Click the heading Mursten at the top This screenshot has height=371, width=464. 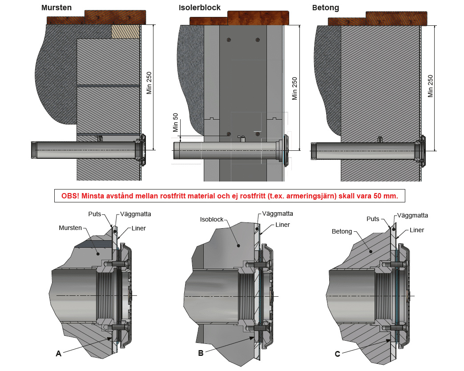point(56,8)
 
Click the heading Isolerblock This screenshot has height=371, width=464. point(199,8)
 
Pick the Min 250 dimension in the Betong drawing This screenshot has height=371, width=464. point(430,86)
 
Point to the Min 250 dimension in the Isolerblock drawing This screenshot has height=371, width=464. point(294,88)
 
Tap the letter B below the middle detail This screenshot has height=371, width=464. point(201,353)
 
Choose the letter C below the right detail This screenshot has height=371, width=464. point(338,354)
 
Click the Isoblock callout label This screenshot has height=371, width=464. point(211,219)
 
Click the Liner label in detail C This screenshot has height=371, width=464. point(416,230)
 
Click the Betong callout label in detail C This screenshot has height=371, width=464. point(342,231)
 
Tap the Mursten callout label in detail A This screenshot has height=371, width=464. point(70,227)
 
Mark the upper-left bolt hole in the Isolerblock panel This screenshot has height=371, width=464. point(228,40)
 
